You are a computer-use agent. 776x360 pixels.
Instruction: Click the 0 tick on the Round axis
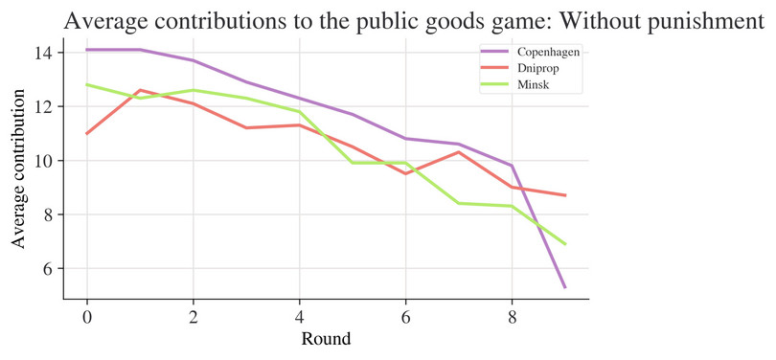click(87, 315)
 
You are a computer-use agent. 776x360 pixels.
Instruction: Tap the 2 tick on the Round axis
click(194, 315)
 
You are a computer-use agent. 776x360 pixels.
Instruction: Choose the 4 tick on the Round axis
click(299, 315)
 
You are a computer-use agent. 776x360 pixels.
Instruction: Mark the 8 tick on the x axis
click(512, 315)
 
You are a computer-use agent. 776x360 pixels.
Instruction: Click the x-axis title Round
click(326, 338)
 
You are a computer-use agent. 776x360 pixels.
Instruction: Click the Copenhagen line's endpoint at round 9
click(564, 287)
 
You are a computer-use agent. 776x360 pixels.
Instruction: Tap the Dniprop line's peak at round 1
click(141, 90)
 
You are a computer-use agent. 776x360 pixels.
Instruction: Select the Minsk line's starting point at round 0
click(87, 84)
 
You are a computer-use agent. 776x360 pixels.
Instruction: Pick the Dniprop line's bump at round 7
click(459, 152)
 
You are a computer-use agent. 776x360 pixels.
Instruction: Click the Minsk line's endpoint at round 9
click(564, 244)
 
